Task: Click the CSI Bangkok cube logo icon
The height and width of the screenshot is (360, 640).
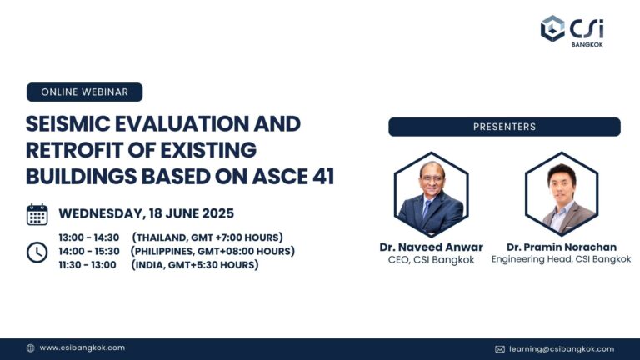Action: click(553, 28)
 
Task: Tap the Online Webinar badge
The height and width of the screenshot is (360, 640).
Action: click(84, 92)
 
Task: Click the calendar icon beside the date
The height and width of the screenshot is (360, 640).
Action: click(37, 214)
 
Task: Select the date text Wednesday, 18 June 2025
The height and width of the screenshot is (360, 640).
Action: click(146, 213)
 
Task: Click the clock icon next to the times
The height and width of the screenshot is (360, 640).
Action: click(37, 252)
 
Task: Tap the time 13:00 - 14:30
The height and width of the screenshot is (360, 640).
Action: click(89, 237)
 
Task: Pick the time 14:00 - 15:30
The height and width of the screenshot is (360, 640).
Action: click(89, 251)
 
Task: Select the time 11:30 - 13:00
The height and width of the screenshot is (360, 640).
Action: click(87, 265)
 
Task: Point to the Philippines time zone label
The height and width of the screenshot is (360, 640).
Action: click(212, 251)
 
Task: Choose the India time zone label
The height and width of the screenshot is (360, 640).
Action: click(194, 265)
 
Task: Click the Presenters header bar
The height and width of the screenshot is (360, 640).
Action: click(504, 127)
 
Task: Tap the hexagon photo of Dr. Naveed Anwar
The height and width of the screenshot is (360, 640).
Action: click(431, 194)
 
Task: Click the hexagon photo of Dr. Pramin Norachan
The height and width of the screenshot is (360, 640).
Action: click(562, 194)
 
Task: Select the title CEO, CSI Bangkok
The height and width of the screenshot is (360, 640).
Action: click(431, 259)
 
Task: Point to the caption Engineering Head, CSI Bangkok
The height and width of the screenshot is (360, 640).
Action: click(561, 259)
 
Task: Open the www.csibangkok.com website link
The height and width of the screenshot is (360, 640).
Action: click(82, 347)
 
